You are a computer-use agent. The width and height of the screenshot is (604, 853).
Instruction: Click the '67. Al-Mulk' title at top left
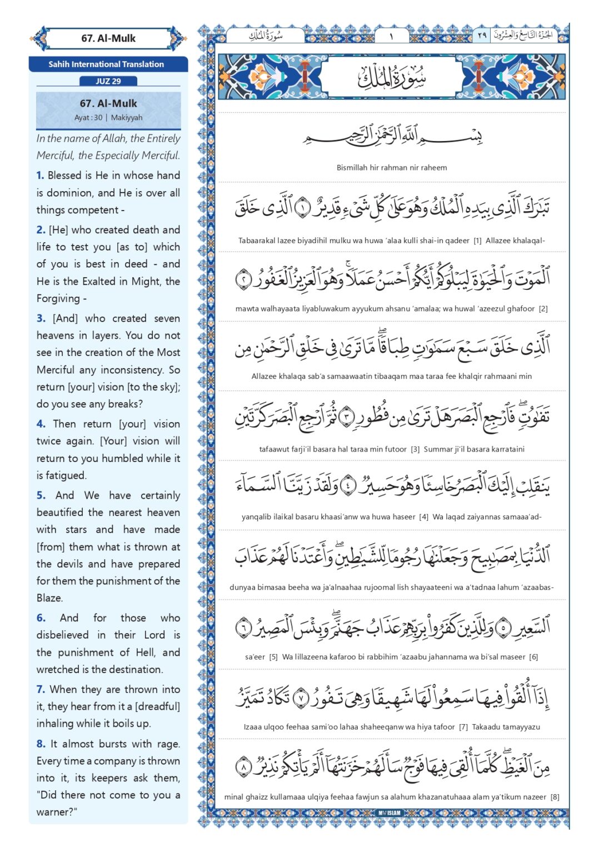[108, 38]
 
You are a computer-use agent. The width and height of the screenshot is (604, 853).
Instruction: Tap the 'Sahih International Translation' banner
[106, 64]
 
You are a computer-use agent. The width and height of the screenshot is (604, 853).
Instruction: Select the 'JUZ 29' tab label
[108, 81]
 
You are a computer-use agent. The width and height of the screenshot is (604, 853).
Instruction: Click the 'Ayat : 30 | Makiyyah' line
[108, 118]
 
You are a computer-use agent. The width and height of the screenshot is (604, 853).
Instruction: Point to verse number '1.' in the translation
[40, 175]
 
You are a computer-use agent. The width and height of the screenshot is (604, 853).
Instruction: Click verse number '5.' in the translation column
[41, 495]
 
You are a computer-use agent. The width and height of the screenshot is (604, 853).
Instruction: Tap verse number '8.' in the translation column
[41, 744]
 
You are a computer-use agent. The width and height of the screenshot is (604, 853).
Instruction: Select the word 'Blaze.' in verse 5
[50, 598]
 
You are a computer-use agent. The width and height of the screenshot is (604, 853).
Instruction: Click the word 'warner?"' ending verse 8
[57, 812]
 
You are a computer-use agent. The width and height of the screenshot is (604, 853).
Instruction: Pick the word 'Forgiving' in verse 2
[58, 299]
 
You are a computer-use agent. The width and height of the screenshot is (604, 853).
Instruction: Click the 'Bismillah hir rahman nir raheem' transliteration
[392, 168]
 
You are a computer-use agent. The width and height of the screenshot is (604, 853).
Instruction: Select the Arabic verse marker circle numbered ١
[303, 207]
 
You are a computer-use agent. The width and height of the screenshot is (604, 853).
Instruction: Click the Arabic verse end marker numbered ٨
[243, 767]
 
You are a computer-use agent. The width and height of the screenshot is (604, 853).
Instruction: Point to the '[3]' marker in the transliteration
[415, 449]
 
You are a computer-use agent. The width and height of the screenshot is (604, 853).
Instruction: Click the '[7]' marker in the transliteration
[463, 727]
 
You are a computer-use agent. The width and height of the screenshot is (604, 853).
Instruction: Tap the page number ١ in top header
[391, 36]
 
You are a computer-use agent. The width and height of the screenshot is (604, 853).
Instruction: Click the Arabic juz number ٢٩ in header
[482, 36]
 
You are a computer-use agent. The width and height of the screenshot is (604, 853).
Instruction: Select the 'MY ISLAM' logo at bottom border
[390, 813]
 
